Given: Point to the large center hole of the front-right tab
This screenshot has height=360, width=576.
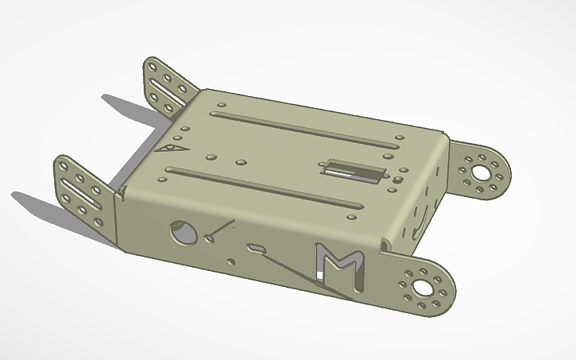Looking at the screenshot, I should pyautogui.click(x=420, y=285).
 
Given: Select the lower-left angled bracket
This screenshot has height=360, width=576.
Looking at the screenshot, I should pyautogui.click(x=83, y=191).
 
